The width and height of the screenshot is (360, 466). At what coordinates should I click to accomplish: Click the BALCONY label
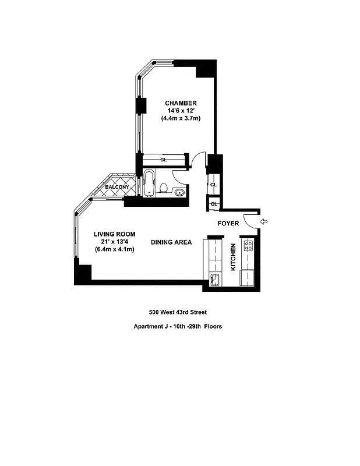click(117, 187)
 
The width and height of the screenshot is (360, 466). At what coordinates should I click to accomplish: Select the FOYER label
click(228, 223)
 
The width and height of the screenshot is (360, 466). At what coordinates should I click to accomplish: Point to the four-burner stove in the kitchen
click(248, 246)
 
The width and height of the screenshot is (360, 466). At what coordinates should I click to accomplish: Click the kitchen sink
click(214, 280)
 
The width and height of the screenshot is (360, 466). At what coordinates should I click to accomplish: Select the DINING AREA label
click(171, 242)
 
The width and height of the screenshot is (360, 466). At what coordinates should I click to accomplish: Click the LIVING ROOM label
click(115, 234)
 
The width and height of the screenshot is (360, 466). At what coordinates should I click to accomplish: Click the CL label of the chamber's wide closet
click(164, 159)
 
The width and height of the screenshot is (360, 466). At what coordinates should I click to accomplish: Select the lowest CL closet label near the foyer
click(214, 204)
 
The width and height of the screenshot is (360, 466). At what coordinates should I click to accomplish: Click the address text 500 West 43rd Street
click(178, 312)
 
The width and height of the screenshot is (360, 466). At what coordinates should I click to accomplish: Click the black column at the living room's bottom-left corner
click(82, 273)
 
